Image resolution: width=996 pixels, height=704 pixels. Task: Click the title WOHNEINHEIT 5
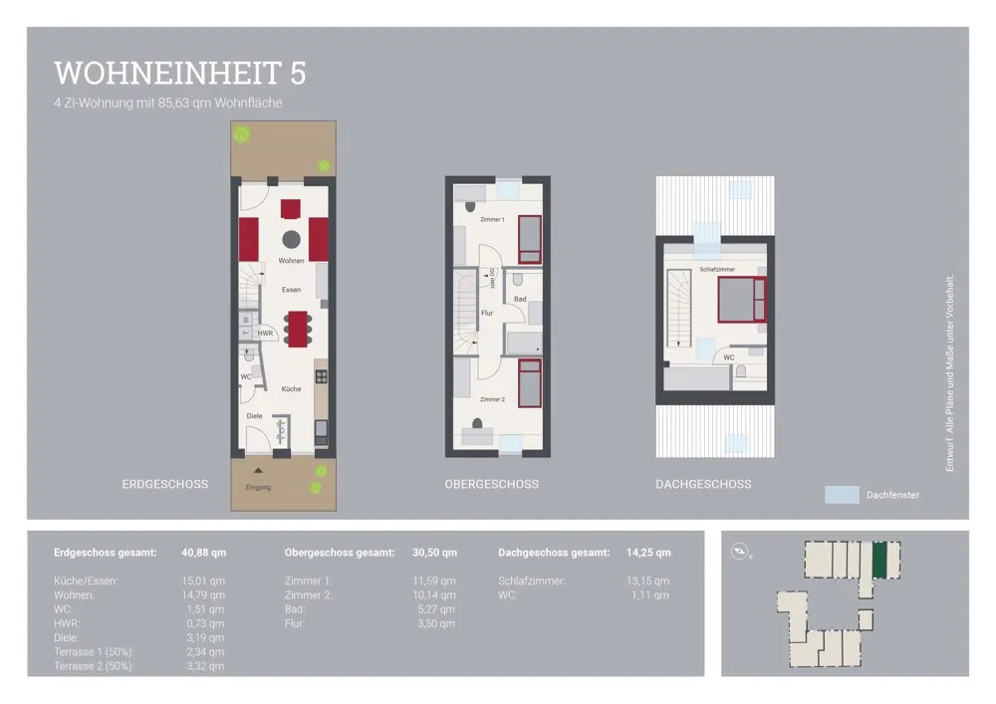pyautogui.click(x=180, y=73)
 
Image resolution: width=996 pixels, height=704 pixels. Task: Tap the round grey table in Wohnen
pyautogui.click(x=292, y=239)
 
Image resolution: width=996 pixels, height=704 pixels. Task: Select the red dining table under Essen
pyautogui.click(x=297, y=329)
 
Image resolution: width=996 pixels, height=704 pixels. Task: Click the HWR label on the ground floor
pyautogui.click(x=265, y=334)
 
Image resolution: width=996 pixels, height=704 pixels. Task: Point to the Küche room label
pyautogui.click(x=291, y=389)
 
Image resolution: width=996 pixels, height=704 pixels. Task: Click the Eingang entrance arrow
pyautogui.click(x=258, y=471)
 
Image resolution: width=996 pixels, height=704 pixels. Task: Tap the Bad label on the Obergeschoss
pyautogui.click(x=520, y=299)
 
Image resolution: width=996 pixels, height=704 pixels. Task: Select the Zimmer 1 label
pyautogui.click(x=492, y=220)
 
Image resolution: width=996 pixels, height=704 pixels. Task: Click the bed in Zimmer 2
pyautogui.click(x=530, y=382)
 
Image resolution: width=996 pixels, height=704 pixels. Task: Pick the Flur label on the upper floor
pyautogui.click(x=487, y=313)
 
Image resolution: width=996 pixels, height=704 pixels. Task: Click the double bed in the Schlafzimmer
pyautogui.click(x=742, y=300)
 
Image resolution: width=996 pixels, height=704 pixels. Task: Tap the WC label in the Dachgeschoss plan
pyautogui.click(x=729, y=357)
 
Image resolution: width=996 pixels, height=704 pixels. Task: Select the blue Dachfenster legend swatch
pyautogui.click(x=842, y=495)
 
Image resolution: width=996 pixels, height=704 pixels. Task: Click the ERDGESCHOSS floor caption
pyautogui.click(x=165, y=484)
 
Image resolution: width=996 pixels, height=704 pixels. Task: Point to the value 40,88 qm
pyautogui.click(x=204, y=553)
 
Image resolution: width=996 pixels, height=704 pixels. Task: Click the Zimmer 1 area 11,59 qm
pyautogui.click(x=434, y=581)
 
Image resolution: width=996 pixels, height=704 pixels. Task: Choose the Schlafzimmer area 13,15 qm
pyautogui.click(x=648, y=581)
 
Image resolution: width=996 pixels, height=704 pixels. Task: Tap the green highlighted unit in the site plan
pyautogui.click(x=879, y=560)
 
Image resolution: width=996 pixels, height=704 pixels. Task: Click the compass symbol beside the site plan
pyautogui.click(x=739, y=551)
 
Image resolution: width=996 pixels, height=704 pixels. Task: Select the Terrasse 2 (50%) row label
pyautogui.click(x=94, y=666)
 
